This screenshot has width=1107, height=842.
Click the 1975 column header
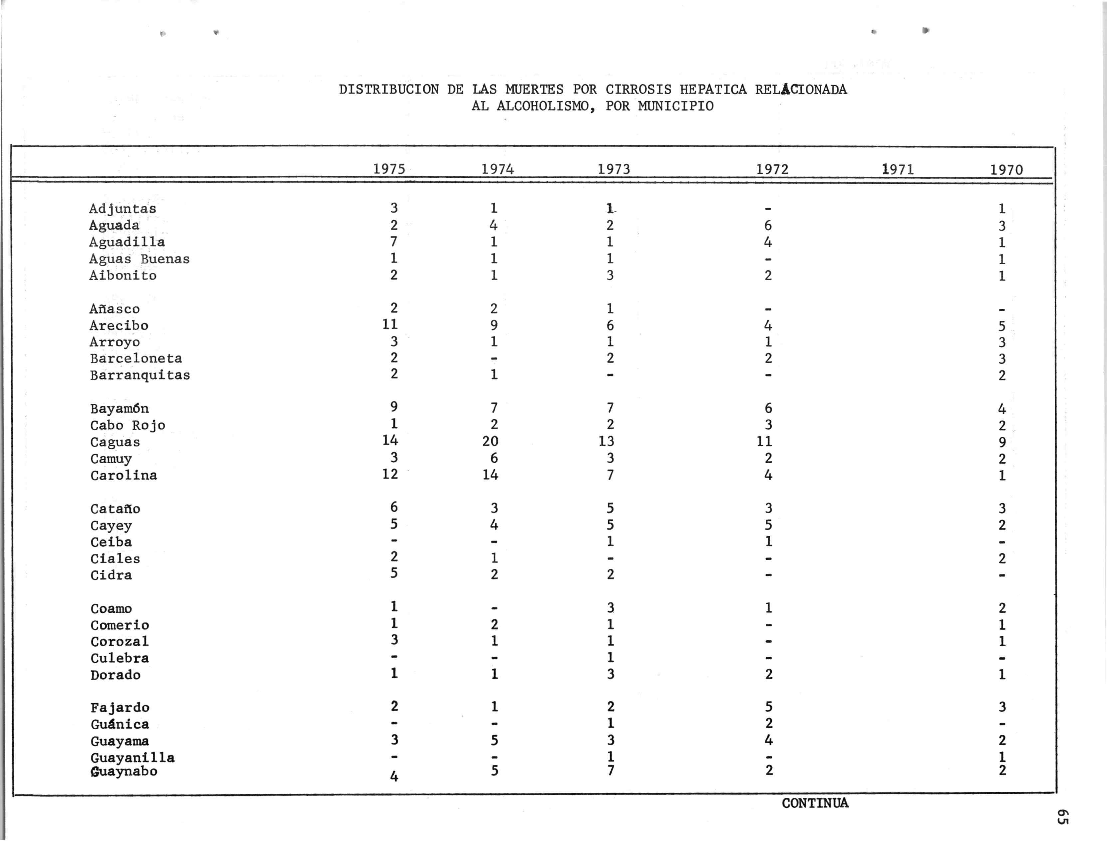click(389, 169)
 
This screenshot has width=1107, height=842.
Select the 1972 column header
click(772, 169)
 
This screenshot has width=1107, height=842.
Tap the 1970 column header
click(1006, 170)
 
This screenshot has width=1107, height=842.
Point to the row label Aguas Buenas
click(139, 259)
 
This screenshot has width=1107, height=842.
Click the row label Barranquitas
click(140, 375)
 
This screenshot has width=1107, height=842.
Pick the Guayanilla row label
click(133, 757)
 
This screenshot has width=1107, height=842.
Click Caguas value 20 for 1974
click(490, 441)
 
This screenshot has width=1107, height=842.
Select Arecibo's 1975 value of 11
click(390, 324)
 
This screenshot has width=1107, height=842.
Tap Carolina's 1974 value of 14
click(490, 474)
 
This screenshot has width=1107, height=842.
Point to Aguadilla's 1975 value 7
click(394, 242)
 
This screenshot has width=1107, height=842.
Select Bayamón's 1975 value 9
click(394, 407)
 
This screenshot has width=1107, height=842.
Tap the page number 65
click(1062, 816)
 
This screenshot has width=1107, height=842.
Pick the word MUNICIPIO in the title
click(676, 106)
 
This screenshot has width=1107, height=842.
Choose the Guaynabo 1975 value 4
click(394, 777)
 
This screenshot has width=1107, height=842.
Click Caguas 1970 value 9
click(1002, 442)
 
